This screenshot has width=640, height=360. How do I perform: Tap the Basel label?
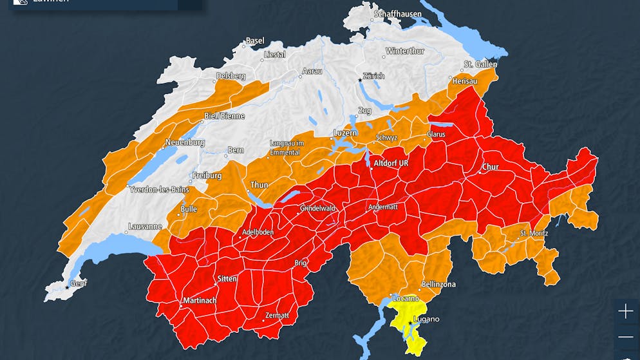(255, 41)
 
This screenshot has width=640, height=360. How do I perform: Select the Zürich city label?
(373, 76)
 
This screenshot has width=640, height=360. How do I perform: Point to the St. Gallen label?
(481, 64)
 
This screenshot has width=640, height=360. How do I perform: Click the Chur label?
(491, 167)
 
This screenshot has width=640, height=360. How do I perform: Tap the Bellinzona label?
(438, 284)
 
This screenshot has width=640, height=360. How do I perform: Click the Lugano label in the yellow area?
(427, 319)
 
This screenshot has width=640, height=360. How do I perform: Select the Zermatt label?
(277, 316)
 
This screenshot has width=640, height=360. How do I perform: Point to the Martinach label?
(200, 301)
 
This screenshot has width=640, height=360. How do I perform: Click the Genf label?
(78, 283)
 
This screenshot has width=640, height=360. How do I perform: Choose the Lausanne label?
(145, 227)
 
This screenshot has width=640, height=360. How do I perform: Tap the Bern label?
(236, 151)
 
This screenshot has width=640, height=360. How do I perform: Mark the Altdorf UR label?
(391, 164)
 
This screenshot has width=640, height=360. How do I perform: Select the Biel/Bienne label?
(225, 116)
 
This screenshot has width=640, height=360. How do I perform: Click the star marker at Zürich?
(361, 81)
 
